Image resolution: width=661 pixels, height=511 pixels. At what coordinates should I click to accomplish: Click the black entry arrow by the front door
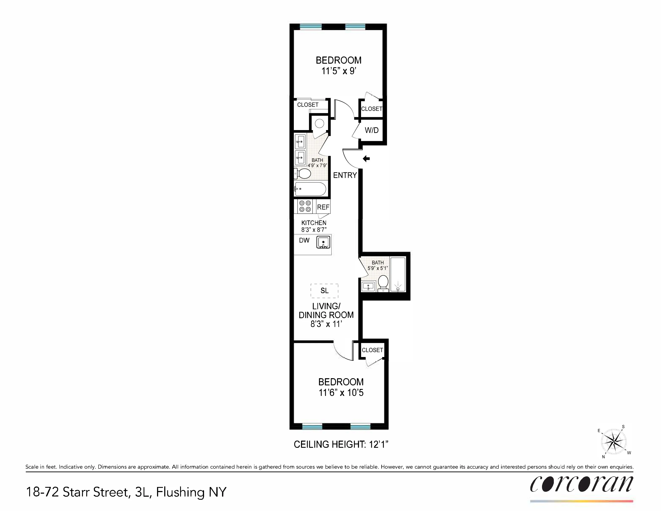point(366,158)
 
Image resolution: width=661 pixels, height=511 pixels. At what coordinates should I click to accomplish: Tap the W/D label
point(372,130)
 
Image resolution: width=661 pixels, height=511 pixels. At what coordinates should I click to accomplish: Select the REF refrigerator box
point(323,207)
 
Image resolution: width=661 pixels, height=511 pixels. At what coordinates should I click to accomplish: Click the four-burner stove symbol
point(305,206)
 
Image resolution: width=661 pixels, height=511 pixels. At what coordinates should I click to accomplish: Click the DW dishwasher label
point(304,240)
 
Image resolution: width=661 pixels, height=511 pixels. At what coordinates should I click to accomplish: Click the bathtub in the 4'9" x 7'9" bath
point(310,189)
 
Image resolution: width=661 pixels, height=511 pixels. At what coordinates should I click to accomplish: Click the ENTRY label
point(345,175)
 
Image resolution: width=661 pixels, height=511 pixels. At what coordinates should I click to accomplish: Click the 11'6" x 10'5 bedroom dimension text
point(341,393)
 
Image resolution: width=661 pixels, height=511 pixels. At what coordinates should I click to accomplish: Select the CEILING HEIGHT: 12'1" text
point(341,444)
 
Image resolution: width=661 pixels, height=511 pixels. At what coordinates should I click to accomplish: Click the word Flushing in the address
point(180,492)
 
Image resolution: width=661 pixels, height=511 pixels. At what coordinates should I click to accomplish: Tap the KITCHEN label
point(314,223)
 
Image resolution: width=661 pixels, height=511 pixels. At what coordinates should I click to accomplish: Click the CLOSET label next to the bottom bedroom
point(372,350)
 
